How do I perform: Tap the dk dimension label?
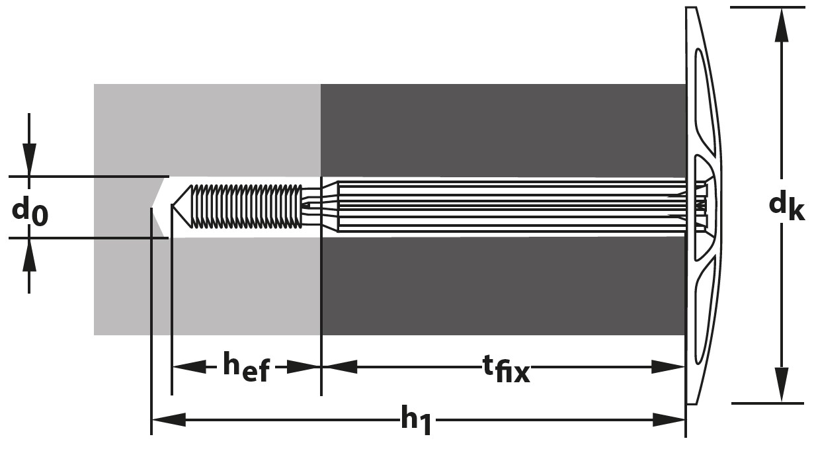(x=786, y=206)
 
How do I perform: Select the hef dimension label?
(x=246, y=367)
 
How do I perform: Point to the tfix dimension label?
(x=506, y=369)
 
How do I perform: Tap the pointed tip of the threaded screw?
(x=173, y=206)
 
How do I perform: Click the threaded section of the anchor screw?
(x=246, y=206)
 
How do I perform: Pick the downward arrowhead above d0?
(x=29, y=159)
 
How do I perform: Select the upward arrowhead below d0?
(x=29, y=255)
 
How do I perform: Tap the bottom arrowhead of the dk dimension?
(x=781, y=384)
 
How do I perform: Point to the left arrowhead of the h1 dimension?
(x=169, y=420)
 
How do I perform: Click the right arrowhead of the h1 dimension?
(x=669, y=420)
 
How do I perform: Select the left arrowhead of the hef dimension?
(x=189, y=366)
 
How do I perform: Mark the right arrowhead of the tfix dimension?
(x=668, y=366)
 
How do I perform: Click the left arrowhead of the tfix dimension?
(x=339, y=366)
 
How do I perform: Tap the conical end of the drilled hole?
(x=160, y=207)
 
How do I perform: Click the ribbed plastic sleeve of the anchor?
(x=510, y=206)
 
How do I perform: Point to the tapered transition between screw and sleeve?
(x=330, y=206)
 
